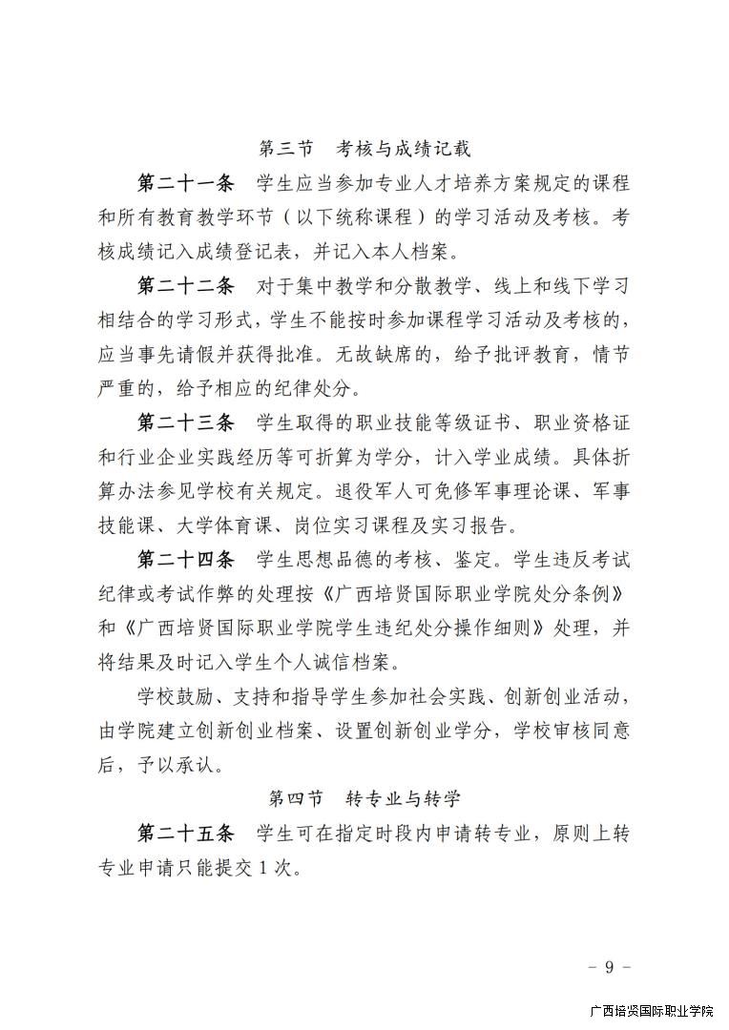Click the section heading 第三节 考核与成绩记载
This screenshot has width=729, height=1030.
pos(365,149)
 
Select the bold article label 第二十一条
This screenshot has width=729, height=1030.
pos(186,183)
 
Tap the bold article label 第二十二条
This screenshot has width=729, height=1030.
pos(186,286)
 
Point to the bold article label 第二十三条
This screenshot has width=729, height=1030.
pos(186,422)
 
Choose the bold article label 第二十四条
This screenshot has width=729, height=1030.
pos(186,558)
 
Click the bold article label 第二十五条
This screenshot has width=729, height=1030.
pos(186,833)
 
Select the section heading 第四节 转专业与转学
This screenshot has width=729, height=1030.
pos(365,797)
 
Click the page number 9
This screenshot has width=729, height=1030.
pos(609,967)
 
